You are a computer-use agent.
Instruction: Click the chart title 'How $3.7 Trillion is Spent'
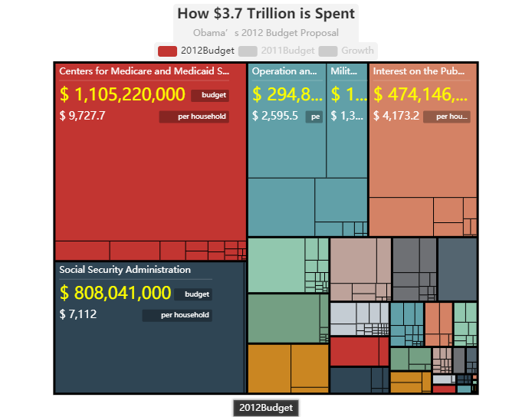click(266, 14)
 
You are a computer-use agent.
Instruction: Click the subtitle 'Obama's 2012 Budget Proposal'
click(266, 33)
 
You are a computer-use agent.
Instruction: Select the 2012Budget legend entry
click(196, 51)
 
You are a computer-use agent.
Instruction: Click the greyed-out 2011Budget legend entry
click(277, 51)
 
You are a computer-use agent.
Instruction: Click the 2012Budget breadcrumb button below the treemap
click(266, 408)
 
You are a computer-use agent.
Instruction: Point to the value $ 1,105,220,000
click(123, 94)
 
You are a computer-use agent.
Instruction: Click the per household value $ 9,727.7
click(82, 116)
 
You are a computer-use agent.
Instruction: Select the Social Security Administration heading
click(125, 270)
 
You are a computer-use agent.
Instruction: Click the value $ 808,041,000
click(115, 293)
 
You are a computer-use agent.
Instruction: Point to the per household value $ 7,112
click(78, 314)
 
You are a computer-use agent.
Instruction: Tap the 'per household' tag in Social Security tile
click(177, 315)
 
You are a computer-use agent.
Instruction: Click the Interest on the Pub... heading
click(419, 71)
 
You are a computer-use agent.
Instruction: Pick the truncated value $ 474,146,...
click(421, 94)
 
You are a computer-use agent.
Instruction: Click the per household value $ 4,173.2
click(396, 116)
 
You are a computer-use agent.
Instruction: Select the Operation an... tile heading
click(284, 71)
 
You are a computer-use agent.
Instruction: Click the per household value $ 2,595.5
click(275, 116)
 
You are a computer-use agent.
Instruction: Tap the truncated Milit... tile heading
click(344, 71)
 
